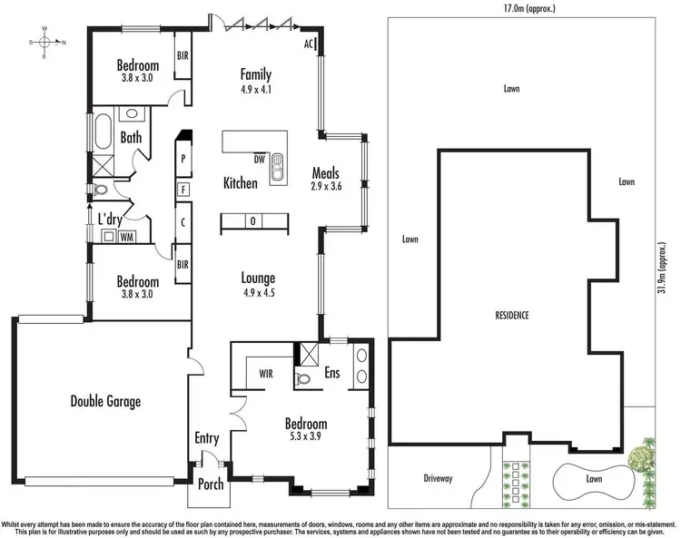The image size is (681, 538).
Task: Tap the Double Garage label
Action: (105, 401)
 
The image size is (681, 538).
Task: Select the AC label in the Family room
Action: (310, 44)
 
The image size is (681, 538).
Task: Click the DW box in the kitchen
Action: (260, 160)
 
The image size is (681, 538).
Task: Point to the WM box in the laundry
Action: (127, 237)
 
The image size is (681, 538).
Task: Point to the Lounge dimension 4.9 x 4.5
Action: (257, 293)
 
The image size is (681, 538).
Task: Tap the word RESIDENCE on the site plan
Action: (512, 315)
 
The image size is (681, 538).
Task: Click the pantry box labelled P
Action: (183, 158)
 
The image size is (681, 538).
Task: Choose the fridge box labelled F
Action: (183, 190)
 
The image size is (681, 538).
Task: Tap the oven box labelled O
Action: (252, 221)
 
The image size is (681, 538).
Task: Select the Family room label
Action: (256, 75)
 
